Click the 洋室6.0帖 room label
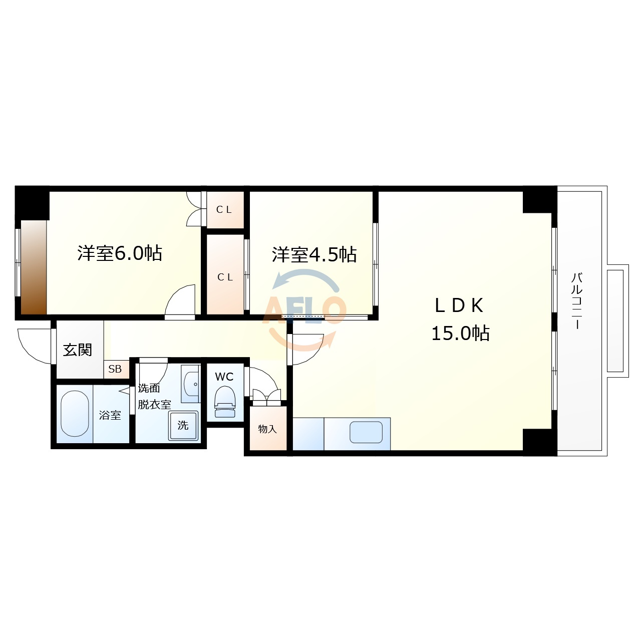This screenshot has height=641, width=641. [120, 253]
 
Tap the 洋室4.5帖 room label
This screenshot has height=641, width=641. [314, 254]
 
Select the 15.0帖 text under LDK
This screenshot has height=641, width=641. [460, 333]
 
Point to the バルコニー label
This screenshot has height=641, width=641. [576, 301]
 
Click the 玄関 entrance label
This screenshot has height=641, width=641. [78, 350]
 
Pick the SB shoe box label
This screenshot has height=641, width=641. [115, 369]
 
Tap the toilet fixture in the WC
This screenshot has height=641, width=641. [225, 402]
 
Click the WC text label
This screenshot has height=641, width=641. [224, 377]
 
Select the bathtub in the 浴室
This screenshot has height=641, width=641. [75, 414]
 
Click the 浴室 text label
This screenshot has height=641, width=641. [110, 415]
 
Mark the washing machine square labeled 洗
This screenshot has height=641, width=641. [183, 426]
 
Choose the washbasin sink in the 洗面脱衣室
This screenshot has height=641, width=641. [191, 384]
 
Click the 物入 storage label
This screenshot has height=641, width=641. [267, 429]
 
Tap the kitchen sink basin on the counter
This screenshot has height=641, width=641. [366, 432]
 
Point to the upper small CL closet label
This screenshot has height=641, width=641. [224, 209]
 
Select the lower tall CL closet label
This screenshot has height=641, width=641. [225, 277]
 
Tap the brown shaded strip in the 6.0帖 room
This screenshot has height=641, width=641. [34, 267]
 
